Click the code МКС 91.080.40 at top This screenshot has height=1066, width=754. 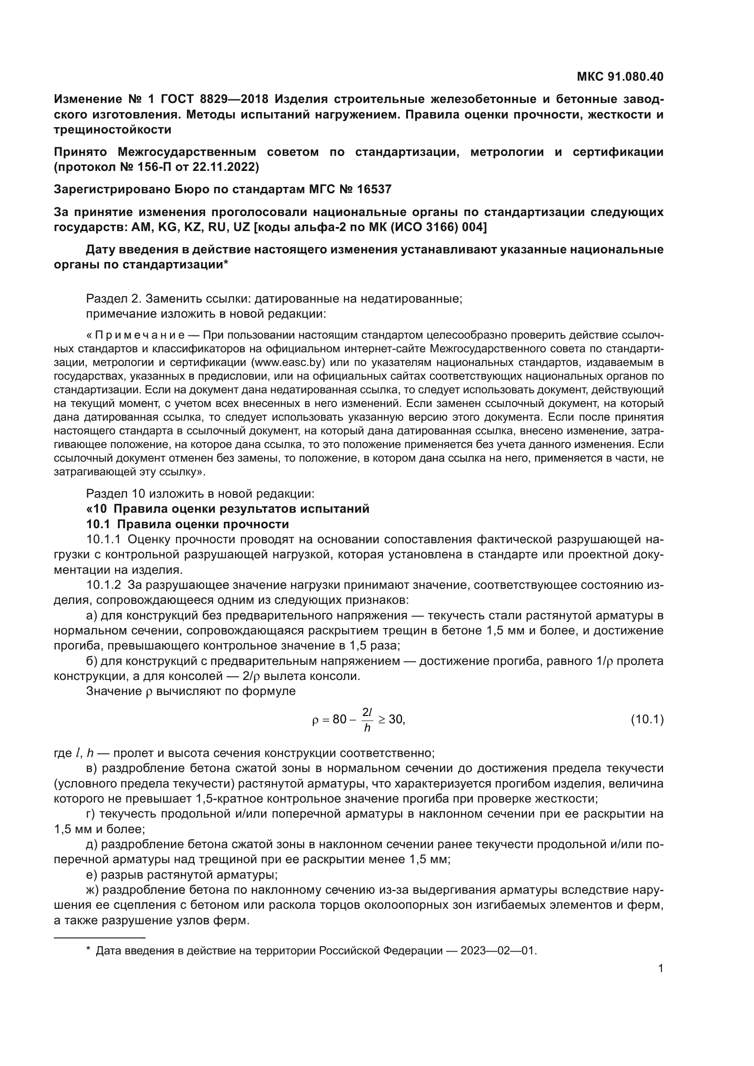620,77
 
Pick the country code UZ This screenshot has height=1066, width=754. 241,227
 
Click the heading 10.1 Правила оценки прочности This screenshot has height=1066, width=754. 187,524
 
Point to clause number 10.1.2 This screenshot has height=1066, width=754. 103,585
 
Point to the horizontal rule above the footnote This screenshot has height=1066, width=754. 99,937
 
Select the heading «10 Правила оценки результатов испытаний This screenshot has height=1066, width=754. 227,509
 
